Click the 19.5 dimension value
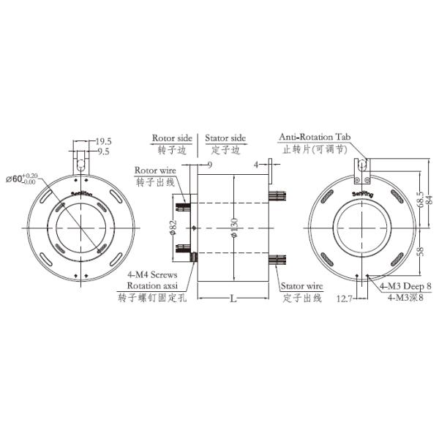[104, 142]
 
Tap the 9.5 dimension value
[104, 152]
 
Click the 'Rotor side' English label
[172, 138]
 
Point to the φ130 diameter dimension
[233, 229]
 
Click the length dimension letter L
[233, 299]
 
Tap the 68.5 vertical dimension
[419, 198]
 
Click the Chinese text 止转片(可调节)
[316, 149]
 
